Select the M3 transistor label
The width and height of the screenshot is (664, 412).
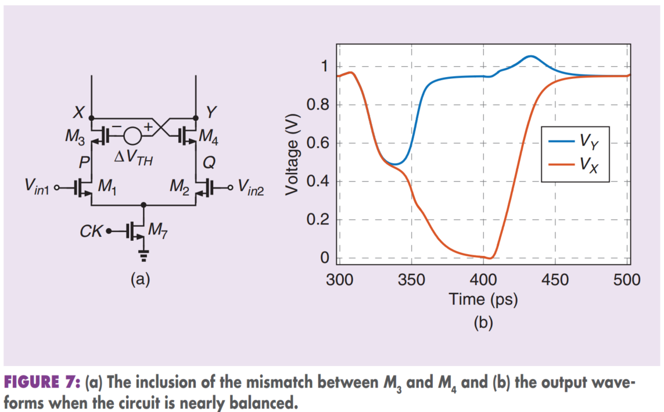(x=75, y=138)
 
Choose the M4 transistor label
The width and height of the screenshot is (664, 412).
(x=208, y=137)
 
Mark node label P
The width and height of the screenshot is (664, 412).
(x=84, y=164)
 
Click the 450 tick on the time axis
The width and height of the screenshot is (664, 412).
(x=555, y=281)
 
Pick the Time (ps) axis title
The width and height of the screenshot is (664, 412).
(x=483, y=299)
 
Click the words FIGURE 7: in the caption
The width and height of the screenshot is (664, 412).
(x=42, y=382)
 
